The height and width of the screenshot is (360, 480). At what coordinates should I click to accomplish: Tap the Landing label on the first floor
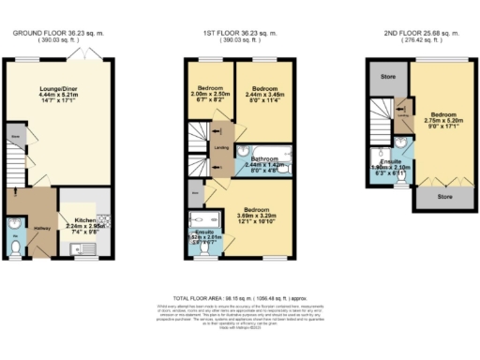221,146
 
